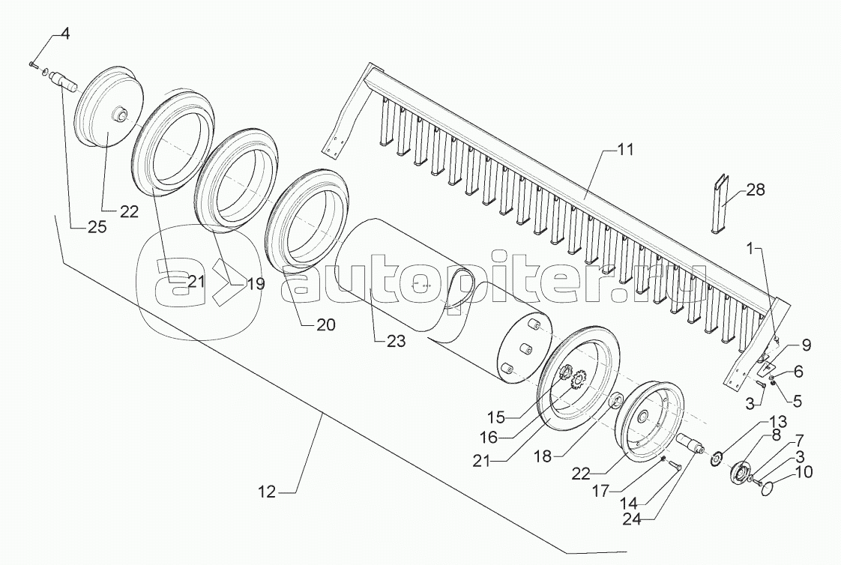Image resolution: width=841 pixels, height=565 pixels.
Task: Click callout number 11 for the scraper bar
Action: (625, 150)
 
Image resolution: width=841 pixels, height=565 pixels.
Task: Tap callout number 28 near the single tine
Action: (756, 190)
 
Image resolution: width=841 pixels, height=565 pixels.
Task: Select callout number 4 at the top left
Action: (64, 34)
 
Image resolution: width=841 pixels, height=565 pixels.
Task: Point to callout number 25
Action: (97, 227)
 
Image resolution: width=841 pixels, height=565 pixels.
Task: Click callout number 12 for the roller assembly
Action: (267, 491)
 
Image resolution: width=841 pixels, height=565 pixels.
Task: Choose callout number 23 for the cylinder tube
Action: (397, 340)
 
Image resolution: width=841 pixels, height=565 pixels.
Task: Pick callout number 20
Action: (325, 324)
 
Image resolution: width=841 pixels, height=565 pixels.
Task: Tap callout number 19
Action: (256, 283)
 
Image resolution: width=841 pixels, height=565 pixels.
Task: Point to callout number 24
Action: (635, 518)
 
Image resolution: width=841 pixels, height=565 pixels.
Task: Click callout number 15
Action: (497, 417)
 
